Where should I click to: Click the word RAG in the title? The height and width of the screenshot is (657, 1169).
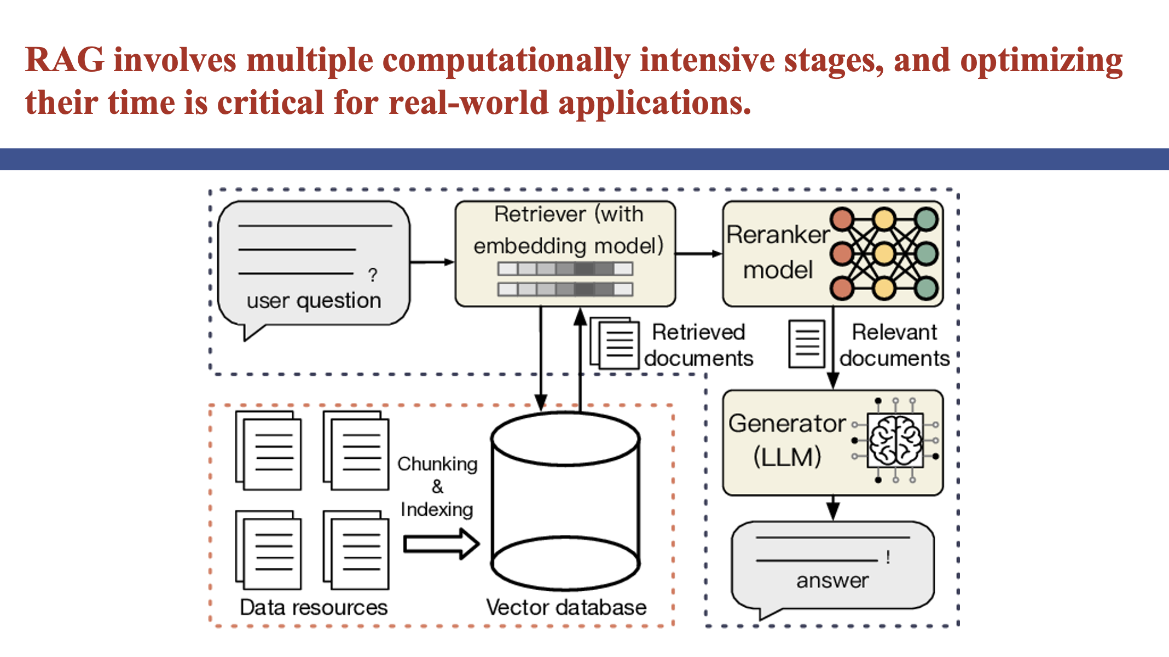(65, 60)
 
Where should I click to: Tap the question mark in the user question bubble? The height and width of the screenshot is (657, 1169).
(373, 275)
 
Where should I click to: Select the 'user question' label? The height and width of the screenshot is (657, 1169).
(314, 301)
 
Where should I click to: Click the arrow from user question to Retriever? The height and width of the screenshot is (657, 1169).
(432, 262)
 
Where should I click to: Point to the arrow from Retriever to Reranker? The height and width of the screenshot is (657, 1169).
(698, 253)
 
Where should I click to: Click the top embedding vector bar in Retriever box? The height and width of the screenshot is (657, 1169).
(565, 269)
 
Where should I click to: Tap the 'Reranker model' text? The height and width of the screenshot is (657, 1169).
(778, 252)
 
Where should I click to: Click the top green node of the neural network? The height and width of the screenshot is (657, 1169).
(926, 219)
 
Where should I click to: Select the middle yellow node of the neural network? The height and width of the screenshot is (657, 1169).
(884, 253)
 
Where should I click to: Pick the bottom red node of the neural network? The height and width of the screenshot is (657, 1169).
(842, 288)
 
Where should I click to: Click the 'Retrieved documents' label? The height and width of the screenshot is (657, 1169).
(698, 345)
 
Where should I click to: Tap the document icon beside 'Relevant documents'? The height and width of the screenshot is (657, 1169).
(807, 344)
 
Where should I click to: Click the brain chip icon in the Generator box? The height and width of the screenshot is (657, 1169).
(895, 440)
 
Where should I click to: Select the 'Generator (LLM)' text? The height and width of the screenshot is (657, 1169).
(787, 440)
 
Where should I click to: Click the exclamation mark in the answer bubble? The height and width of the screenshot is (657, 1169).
(888, 557)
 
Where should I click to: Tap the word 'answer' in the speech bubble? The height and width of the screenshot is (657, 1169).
(832, 580)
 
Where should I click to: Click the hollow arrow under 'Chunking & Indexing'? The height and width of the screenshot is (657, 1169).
(441, 544)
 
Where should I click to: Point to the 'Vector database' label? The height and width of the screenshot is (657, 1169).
(566, 608)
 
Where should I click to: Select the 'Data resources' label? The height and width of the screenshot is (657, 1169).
(314, 608)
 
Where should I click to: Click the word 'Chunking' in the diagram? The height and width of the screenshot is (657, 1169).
(437, 464)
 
